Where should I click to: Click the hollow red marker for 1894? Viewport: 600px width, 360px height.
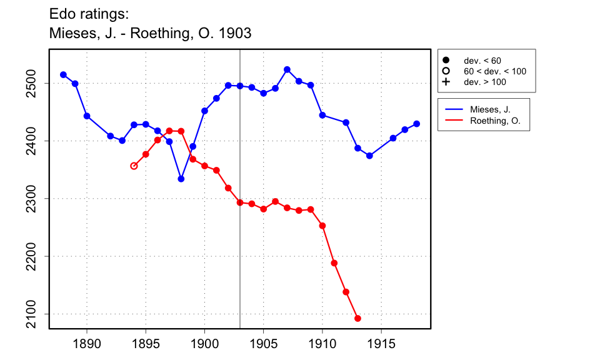(x=134, y=166)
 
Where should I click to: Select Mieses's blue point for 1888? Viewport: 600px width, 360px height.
(x=63, y=74)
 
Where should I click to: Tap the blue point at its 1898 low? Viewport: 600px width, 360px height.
(x=181, y=179)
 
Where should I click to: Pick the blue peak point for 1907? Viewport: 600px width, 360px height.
(x=287, y=69)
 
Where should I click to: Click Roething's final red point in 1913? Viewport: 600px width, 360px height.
(x=357, y=319)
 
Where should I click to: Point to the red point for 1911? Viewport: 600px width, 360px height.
(x=334, y=263)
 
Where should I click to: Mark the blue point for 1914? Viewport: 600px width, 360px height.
(x=369, y=156)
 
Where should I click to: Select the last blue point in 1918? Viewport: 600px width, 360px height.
(x=417, y=124)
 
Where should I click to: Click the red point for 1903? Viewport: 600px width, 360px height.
(x=240, y=202)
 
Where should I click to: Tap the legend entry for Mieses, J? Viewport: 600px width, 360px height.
(x=490, y=109)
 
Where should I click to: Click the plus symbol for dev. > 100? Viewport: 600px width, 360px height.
(x=446, y=82)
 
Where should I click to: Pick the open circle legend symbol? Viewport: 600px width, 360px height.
(x=446, y=71)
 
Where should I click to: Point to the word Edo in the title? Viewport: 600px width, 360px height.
(x=61, y=13)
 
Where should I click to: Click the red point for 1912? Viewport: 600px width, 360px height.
(x=346, y=292)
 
